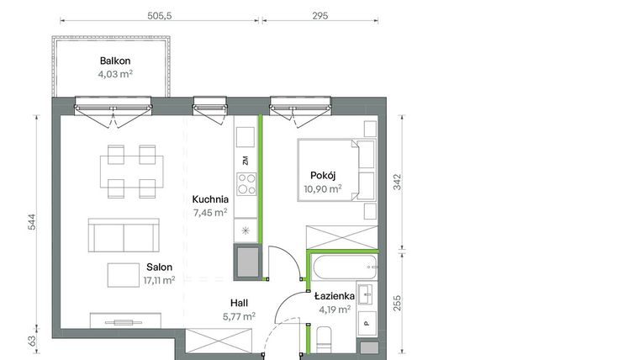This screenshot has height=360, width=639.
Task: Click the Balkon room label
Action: click(x=115, y=61)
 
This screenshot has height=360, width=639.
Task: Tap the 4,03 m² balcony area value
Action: click(x=115, y=74)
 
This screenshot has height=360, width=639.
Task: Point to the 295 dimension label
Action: click(x=319, y=15)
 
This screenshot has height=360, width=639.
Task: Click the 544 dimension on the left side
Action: click(x=31, y=221)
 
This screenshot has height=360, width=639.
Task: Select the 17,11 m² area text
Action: click(x=157, y=280)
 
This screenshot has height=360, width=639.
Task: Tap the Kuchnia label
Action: click(x=210, y=199)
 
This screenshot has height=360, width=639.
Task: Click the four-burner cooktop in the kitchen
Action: click(x=246, y=183)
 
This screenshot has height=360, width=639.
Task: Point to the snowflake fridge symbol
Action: click(x=246, y=230)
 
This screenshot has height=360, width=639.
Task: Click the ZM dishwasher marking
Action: click(x=246, y=160)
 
